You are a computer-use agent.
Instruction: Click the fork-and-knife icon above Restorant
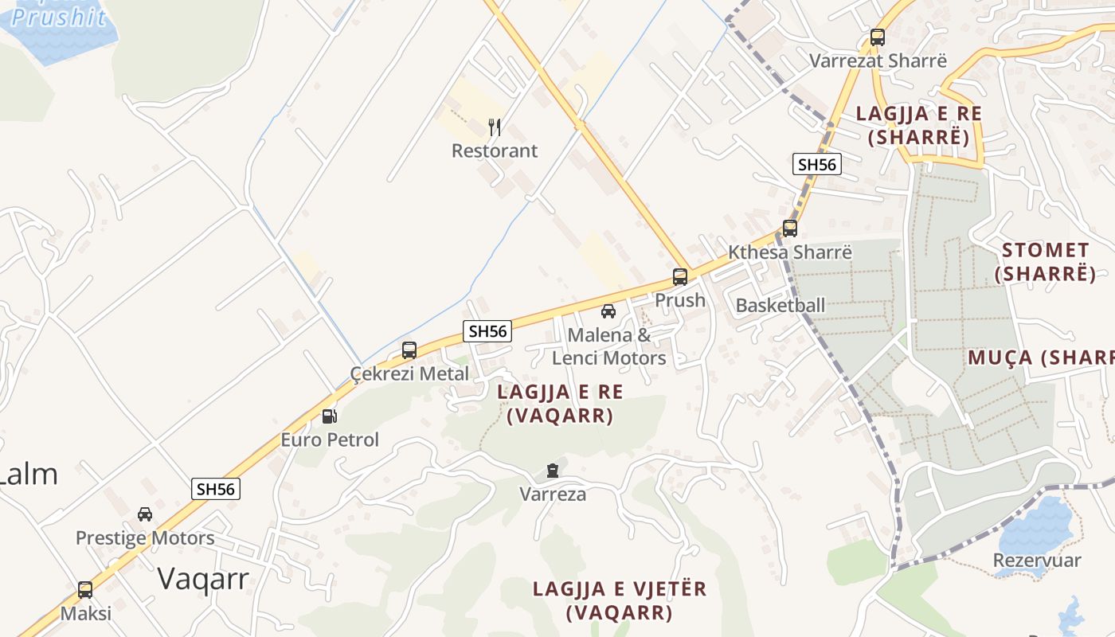tap(495, 127)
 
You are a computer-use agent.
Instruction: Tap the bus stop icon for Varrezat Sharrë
tap(878, 37)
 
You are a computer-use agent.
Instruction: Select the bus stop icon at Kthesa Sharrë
tap(789, 229)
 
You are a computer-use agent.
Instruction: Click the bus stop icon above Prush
tap(679, 277)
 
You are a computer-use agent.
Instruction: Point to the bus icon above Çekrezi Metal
tap(409, 350)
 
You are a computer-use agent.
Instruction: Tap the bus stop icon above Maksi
tap(85, 590)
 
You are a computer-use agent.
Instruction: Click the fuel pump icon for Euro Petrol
tap(329, 416)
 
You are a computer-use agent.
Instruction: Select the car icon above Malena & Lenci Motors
tap(608, 311)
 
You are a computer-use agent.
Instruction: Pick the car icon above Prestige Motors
tap(145, 514)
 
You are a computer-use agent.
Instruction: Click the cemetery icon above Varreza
tap(553, 471)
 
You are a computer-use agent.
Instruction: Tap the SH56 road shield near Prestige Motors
tap(216, 489)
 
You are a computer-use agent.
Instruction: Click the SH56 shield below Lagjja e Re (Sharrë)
tap(817, 164)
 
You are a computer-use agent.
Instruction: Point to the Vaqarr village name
tap(203, 578)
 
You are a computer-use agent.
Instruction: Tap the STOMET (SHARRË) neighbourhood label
tap(1045, 262)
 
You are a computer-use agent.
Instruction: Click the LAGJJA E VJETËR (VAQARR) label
tap(619, 600)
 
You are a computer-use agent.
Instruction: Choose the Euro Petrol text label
tap(330, 440)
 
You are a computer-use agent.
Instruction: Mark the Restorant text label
tap(495, 150)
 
